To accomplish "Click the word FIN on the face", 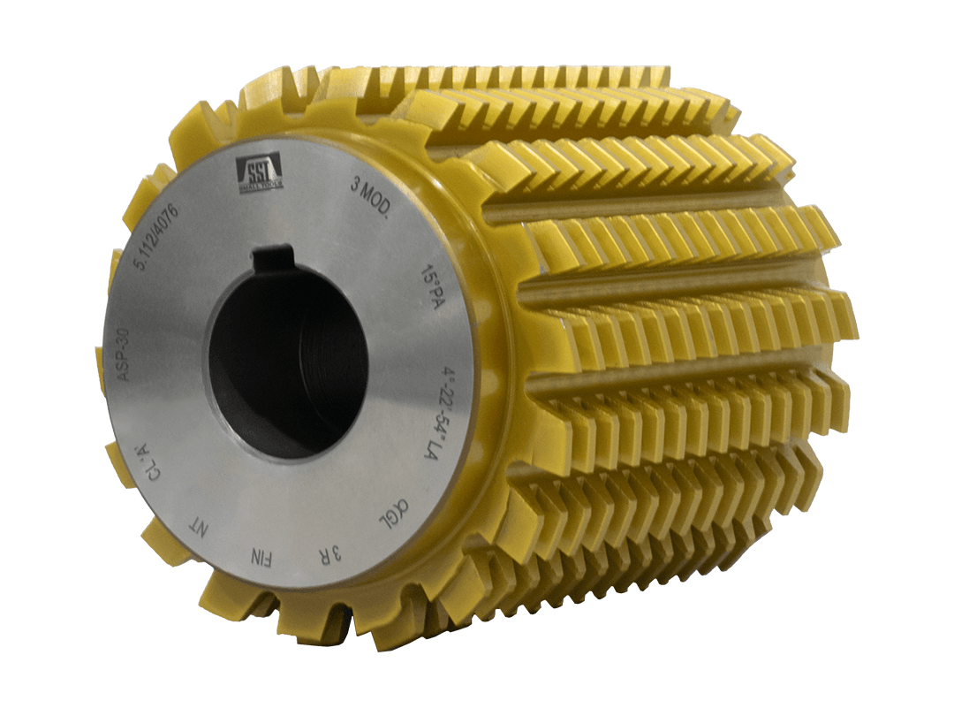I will [x=264, y=558].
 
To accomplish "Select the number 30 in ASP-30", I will [x=123, y=339].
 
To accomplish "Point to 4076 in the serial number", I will [x=170, y=227].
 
